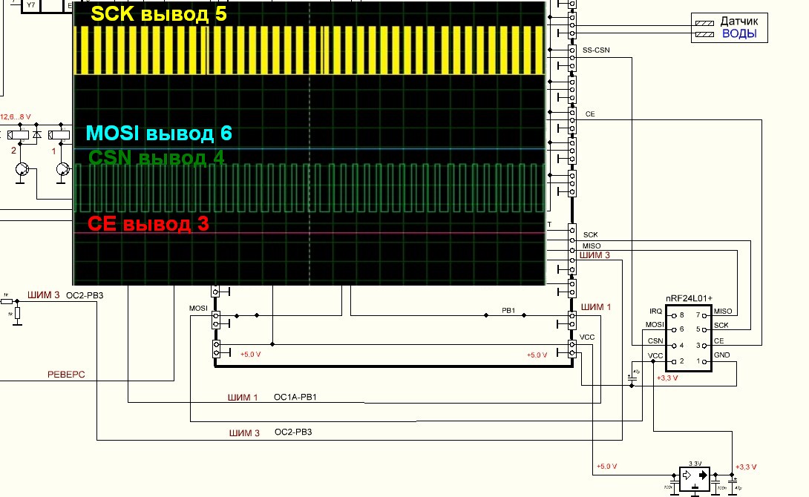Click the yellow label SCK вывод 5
click(x=158, y=14)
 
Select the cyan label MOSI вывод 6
click(x=159, y=134)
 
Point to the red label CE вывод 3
click(x=148, y=223)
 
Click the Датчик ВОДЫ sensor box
click(x=730, y=28)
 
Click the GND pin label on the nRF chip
click(x=722, y=355)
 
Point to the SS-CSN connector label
click(x=596, y=50)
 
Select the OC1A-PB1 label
click(x=295, y=398)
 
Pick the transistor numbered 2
click(x=22, y=170)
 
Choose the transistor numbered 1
click(x=63, y=170)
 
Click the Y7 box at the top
click(x=31, y=4)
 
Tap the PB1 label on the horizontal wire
click(x=508, y=310)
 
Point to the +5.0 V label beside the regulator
click(x=607, y=467)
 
